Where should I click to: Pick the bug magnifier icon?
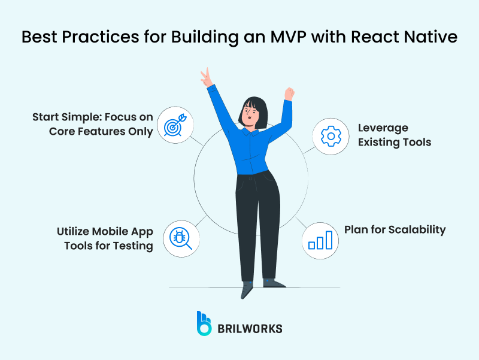[180, 238]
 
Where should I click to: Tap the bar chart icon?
[320, 240]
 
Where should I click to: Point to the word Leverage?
[383, 128]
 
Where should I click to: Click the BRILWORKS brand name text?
[250, 328]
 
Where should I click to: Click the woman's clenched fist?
[290, 93]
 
